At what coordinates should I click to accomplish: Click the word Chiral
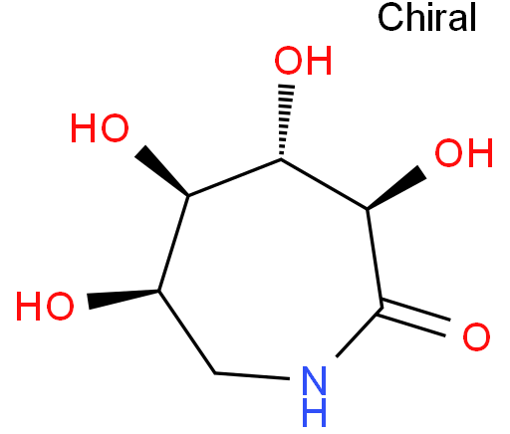427,17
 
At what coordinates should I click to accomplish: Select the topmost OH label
303,61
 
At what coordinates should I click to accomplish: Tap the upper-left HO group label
100,128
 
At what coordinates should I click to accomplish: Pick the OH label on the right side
464,153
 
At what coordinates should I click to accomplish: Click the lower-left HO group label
45,306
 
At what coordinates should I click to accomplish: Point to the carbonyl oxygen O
476,336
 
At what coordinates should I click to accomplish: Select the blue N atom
314,380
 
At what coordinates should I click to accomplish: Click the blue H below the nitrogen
314,412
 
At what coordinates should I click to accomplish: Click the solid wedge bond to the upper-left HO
161,170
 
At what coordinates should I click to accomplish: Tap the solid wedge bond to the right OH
396,187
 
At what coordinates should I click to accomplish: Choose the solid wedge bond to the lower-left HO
124,299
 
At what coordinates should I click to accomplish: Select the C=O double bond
414,318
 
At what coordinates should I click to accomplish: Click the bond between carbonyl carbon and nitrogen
359,332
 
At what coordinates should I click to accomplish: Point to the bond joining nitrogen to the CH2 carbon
252,376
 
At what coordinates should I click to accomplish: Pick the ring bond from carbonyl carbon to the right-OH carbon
375,259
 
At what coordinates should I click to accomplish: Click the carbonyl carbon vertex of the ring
382,308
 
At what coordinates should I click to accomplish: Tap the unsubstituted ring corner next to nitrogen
215,373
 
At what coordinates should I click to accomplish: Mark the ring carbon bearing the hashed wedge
281,159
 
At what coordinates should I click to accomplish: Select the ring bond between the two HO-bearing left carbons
173,243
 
